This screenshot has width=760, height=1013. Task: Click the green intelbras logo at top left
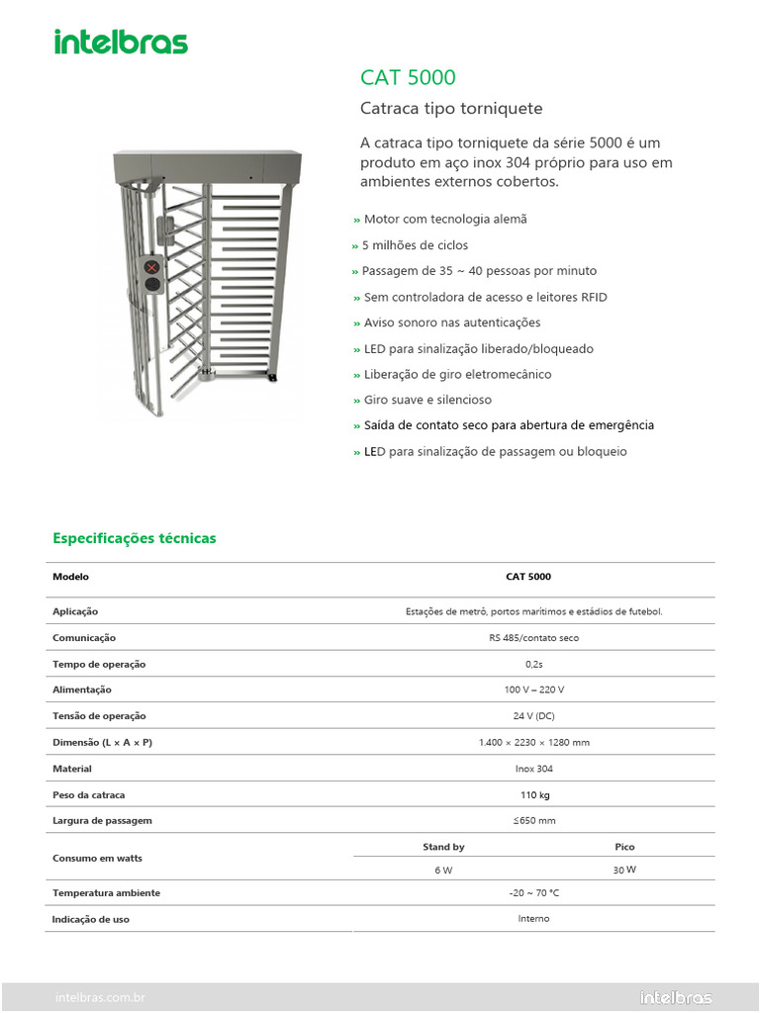pos(120,42)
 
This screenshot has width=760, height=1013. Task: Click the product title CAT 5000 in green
pos(408,78)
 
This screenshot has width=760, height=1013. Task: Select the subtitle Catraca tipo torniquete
pos(450,109)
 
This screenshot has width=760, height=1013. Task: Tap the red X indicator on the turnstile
pos(152,267)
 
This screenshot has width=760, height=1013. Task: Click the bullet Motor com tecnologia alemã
pos(444,220)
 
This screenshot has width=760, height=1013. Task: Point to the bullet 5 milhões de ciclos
pos(415,245)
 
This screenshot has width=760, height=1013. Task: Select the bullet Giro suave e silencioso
pos(427,401)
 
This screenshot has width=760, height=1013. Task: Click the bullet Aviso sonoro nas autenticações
pos(451,323)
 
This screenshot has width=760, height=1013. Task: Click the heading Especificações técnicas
pos(134,538)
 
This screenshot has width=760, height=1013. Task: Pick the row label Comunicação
pos(84,638)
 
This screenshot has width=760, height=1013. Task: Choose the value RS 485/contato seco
pos(533,638)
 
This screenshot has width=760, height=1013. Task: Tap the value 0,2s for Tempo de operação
pos(533,665)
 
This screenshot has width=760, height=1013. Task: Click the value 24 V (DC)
pos(533,716)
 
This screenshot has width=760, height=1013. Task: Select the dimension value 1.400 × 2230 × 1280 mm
pos(533,743)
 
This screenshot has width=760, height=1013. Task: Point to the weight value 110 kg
pos(534,795)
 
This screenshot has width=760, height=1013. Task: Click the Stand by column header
pos(443,847)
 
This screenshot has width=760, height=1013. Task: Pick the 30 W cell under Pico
pos(624,870)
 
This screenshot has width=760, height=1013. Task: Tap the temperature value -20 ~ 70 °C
pos(533,893)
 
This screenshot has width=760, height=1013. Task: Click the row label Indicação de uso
pos(90,920)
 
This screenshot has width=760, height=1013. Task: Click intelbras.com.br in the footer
pos(100,998)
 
